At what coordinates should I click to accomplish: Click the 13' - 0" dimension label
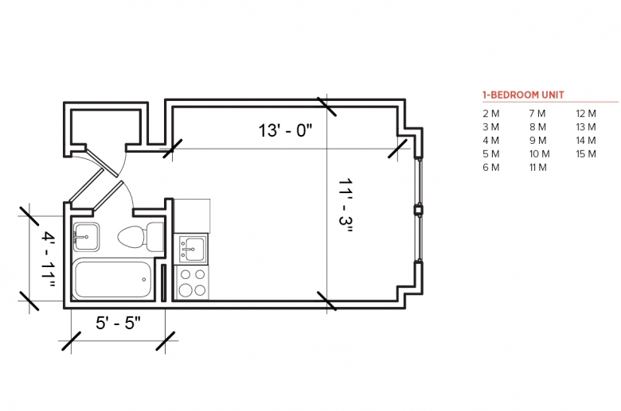tap(285, 130)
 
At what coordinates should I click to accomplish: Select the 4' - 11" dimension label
tap(49, 260)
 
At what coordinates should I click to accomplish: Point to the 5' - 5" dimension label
tap(118, 323)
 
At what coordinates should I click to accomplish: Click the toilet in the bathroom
tap(141, 237)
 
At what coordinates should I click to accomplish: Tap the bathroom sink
tap(86, 237)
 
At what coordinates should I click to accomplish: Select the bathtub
tap(113, 279)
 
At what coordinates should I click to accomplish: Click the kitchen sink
tap(192, 249)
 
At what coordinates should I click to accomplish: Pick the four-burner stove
tap(192, 282)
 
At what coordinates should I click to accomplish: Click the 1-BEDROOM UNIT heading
tap(523, 95)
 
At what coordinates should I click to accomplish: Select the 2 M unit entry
tap(490, 114)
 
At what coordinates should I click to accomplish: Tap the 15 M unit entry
tap(586, 154)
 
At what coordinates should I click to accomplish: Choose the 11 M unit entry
tap(538, 167)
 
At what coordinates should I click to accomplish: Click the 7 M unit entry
tap(537, 114)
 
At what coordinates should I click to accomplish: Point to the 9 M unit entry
tap(538, 141)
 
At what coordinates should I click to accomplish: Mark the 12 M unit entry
tap(586, 114)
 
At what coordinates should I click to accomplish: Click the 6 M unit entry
tap(490, 167)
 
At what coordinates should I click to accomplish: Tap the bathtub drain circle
tap(144, 279)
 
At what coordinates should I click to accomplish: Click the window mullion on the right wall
tap(418, 210)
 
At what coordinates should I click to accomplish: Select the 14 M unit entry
tap(586, 141)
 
